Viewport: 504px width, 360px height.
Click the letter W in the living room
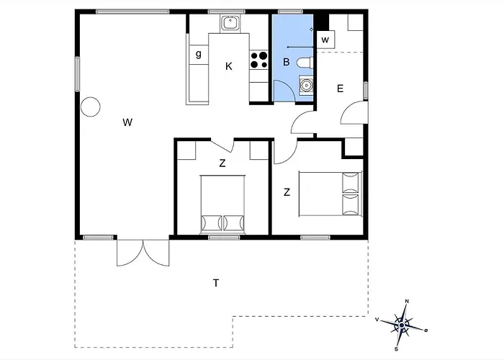coord(127,122)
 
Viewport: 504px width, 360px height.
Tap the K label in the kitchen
coord(228,66)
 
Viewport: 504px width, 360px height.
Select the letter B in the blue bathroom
coord(286,62)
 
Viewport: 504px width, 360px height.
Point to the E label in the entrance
coord(340,89)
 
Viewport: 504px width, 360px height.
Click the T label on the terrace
coord(216,283)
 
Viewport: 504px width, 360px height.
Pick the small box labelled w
coord(325,40)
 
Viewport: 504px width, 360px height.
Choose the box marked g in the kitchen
coord(199,55)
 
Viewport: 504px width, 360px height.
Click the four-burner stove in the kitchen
coord(258,60)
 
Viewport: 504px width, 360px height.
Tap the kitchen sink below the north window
coord(230,23)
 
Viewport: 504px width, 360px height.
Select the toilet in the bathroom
coord(305,63)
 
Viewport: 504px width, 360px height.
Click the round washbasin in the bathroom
coord(306,86)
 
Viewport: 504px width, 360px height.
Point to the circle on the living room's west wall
coord(90,107)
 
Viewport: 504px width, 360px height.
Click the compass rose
coord(402,325)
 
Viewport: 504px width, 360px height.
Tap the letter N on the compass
coord(407,301)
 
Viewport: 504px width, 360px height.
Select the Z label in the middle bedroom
coord(222,163)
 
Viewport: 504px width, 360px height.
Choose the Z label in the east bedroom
coord(287,192)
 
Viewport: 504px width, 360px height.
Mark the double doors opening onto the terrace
coord(143,253)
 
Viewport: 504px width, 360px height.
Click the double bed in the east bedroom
coord(330,194)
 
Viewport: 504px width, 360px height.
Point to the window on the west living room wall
coord(78,74)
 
